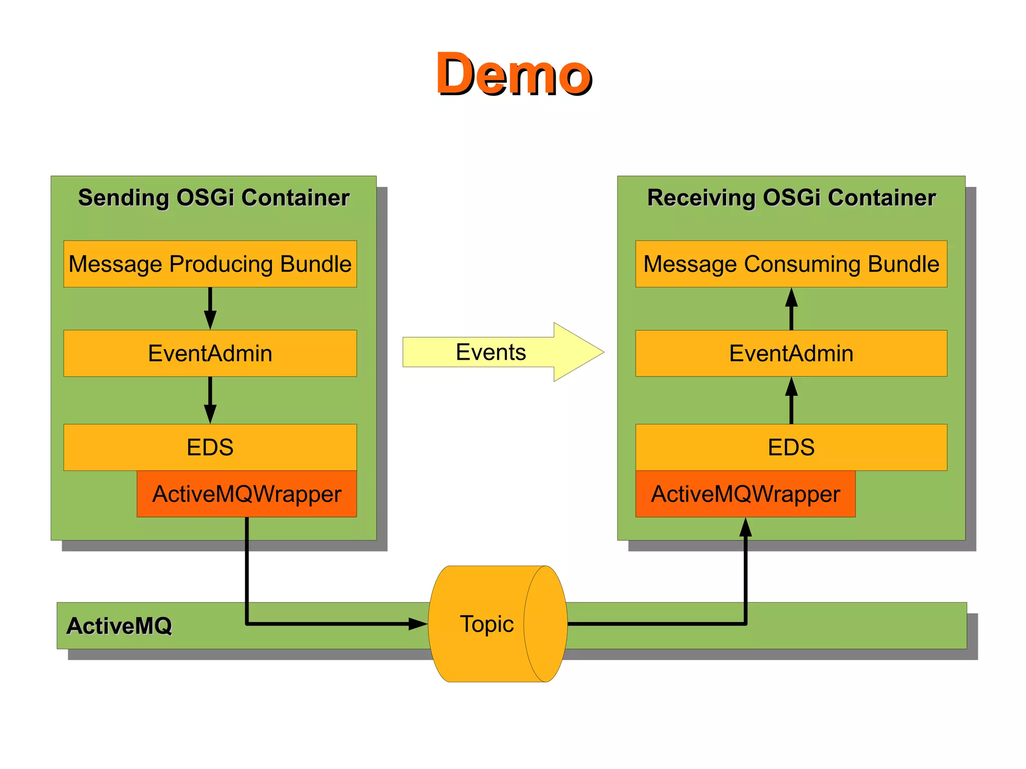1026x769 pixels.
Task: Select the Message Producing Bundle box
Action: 210,264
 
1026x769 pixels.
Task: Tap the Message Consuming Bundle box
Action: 791,264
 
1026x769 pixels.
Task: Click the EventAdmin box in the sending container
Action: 210,353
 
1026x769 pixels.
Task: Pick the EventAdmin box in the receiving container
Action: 791,353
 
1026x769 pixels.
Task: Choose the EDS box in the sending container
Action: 210,447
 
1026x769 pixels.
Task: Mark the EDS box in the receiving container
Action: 791,447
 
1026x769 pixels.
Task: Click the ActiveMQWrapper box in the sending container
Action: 246,494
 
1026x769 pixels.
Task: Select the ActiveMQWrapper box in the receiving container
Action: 745,494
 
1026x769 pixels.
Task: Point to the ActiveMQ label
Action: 119,626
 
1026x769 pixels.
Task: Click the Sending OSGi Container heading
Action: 213,197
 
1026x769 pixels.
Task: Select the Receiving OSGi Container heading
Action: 791,197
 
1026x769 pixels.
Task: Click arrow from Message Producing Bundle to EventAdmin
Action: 210,308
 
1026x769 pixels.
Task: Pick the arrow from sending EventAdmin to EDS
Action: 210,400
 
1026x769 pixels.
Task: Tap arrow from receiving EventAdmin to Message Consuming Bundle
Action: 791,308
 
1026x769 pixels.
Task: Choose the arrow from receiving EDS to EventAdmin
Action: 791,400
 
